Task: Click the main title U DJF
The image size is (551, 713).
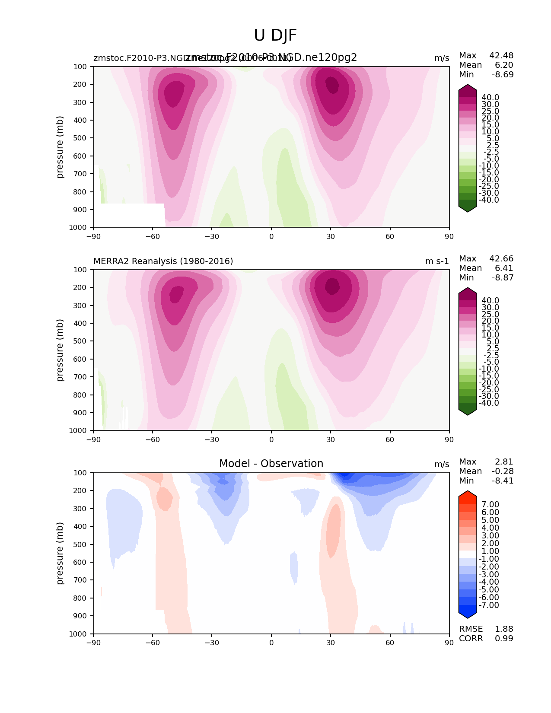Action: (x=275, y=35)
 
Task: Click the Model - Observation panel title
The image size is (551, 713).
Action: (x=271, y=464)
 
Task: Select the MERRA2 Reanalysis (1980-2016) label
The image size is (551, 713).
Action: (x=163, y=261)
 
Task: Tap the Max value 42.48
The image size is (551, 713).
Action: (x=501, y=56)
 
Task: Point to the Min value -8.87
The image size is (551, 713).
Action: (x=503, y=278)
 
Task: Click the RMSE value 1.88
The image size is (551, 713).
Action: (x=504, y=629)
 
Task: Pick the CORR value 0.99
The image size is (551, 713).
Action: (x=504, y=639)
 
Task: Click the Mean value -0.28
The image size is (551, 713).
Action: (x=503, y=471)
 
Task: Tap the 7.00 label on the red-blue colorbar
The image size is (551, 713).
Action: (x=490, y=505)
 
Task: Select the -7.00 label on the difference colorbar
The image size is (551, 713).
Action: (x=489, y=605)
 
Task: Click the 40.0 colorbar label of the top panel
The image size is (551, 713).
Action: (x=490, y=98)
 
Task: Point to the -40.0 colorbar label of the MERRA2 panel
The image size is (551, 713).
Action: (x=489, y=403)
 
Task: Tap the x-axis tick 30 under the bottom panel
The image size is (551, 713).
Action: (x=331, y=643)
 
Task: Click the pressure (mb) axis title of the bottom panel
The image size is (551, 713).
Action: (x=60, y=553)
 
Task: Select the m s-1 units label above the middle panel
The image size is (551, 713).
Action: (x=437, y=261)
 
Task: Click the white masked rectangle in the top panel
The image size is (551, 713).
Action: (x=129, y=215)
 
